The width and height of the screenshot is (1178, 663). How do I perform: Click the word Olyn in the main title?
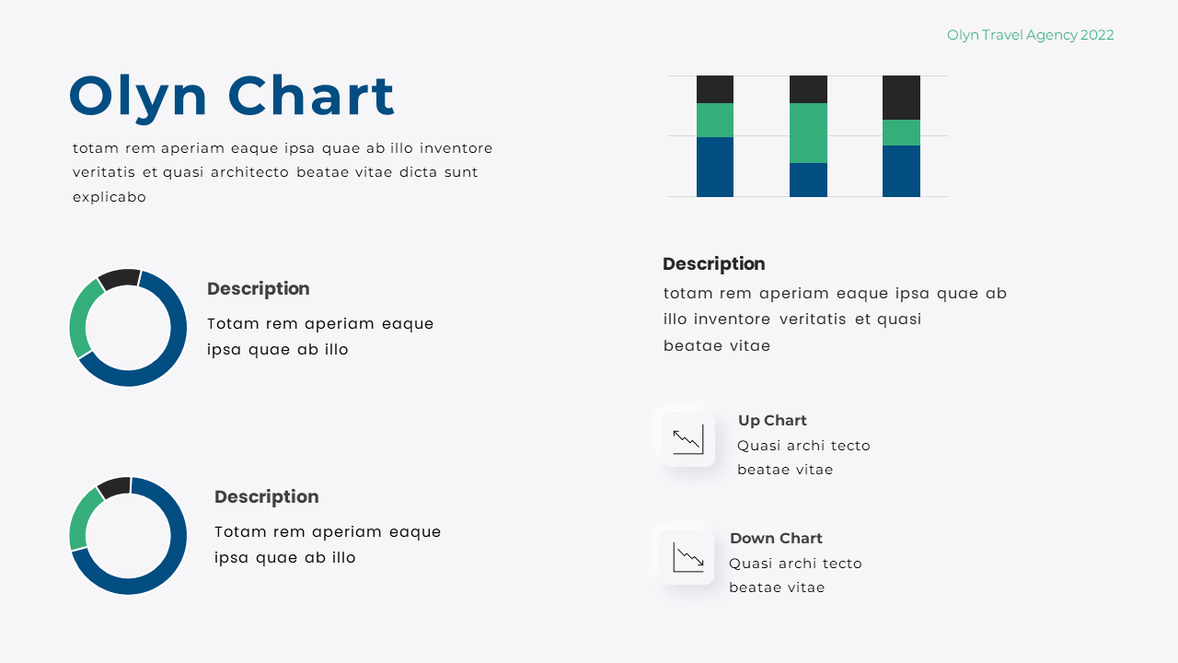pos(138,97)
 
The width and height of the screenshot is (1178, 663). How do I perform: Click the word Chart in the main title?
pos(311,96)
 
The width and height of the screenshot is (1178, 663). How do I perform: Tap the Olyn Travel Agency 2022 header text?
pos(1030,35)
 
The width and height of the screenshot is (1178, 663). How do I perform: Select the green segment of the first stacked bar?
pos(715,120)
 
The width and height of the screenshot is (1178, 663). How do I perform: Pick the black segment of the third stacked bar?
pos(901,97)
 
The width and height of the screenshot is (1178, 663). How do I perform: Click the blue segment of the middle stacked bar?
pos(808,180)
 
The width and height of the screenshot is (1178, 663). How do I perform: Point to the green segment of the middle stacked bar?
pos(808,133)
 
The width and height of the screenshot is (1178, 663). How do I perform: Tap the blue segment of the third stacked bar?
pos(901,171)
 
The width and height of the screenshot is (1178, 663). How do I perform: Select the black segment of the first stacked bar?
pos(715,89)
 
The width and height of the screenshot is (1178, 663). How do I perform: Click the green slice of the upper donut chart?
pos(83,315)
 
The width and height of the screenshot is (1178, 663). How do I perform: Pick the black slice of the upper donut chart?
pos(119,278)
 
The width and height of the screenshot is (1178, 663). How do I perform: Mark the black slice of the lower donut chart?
pos(115,486)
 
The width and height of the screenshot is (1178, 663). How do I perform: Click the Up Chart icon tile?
pos(687,439)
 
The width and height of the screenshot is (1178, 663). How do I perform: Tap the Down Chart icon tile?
pos(687,557)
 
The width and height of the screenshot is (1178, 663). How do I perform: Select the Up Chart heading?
pos(772,421)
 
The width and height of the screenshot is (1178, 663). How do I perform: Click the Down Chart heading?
pos(776,539)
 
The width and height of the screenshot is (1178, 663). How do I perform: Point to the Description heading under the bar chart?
pos(713,264)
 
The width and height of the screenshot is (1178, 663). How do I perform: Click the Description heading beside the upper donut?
pos(258,289)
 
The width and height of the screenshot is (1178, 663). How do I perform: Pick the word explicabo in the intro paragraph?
pos(110,197)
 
